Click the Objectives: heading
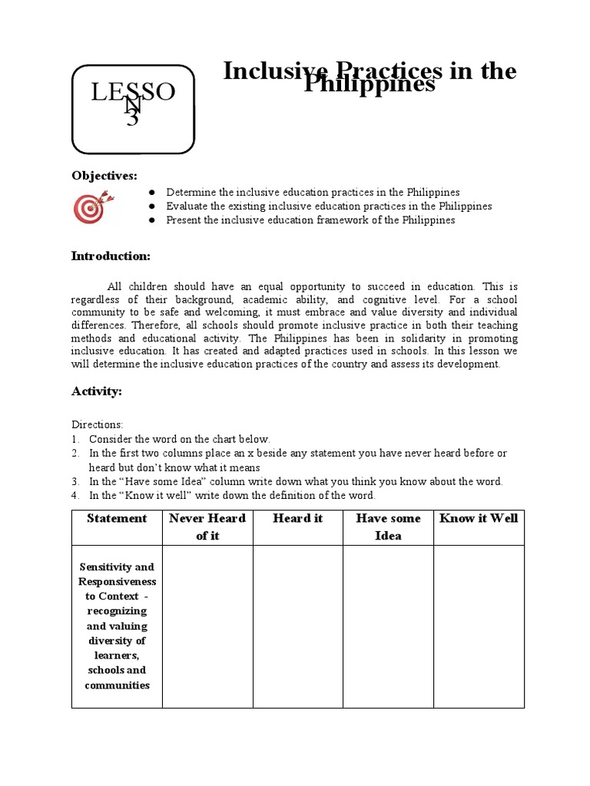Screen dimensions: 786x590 (104, 176)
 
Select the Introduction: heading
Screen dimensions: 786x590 (111, 256)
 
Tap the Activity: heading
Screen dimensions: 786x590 (97, 391)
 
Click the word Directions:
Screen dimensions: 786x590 (97, 424)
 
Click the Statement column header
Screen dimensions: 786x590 (117, 519)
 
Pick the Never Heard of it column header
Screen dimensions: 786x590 (207, 527)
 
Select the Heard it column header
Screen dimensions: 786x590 (297, 519)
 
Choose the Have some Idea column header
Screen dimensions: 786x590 (388, 527)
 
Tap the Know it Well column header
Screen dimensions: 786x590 (479, 519)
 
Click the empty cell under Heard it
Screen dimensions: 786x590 (297, 626)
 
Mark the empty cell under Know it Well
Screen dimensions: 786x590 (479, 626)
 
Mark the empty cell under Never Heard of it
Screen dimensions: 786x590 (207, 626)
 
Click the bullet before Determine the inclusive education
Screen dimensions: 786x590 (152, 193)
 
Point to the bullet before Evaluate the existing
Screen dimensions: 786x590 (152, 206)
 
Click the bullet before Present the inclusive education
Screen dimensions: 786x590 (152, 220)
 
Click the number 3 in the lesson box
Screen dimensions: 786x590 (133, 119)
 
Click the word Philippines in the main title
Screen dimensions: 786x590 (369, 85)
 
